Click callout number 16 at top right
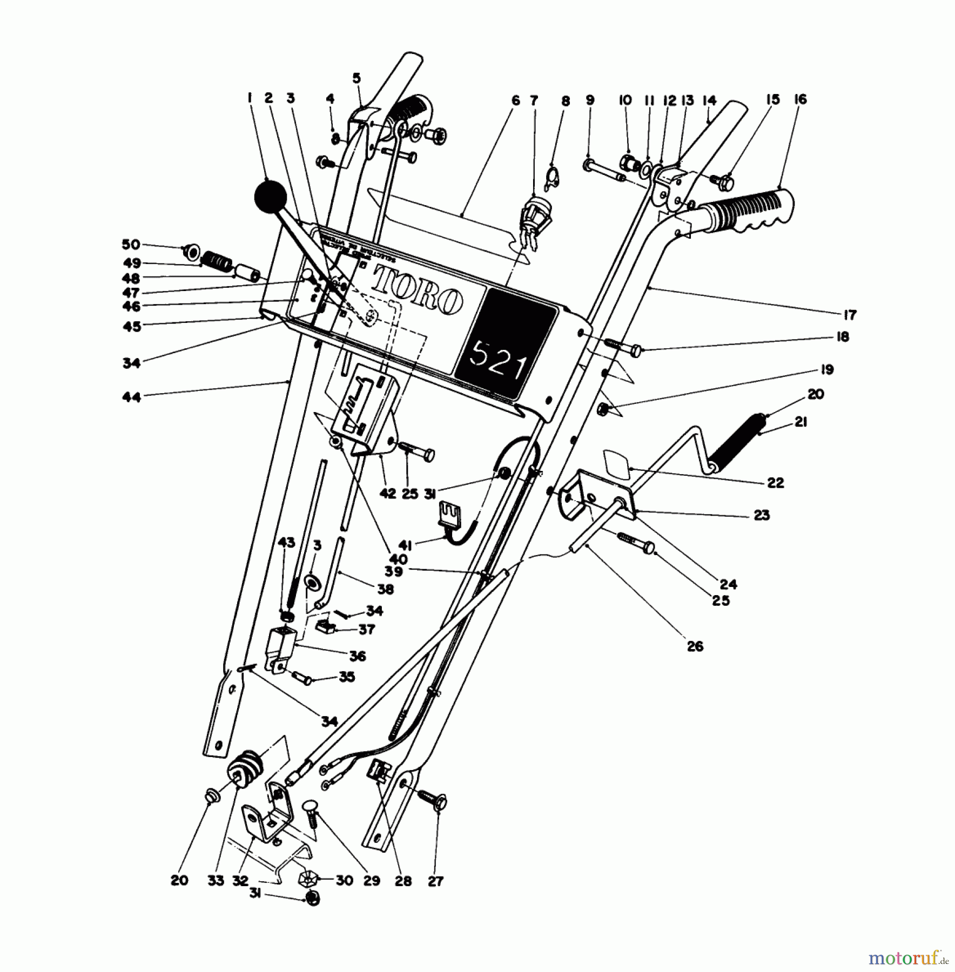point(801,99)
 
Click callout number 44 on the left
point(131,397)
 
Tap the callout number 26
point(695,646)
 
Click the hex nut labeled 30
point(306,880)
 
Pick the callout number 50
point(131,245)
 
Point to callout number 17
point(849,314)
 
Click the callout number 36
point(358,656)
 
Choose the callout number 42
point(388,493)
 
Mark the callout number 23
point(762,515)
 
